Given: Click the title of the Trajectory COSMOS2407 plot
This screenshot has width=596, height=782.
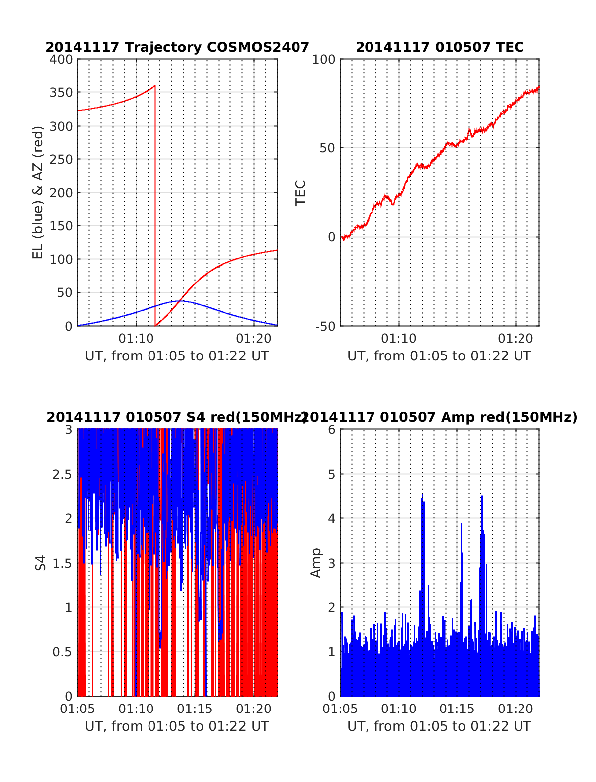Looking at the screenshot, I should coord(177,47).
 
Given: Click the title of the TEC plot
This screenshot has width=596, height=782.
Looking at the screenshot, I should coord(440,47).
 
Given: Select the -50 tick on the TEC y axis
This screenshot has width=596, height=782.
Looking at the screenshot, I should coord(325,326).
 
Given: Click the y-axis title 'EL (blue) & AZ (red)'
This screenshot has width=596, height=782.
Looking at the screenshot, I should coord(38,192).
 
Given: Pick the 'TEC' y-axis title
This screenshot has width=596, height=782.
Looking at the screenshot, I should coord(301,193).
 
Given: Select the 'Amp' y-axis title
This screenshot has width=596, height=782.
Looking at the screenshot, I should coord(316,563).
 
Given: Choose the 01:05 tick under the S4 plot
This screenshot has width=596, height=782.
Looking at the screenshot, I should coord(77,709).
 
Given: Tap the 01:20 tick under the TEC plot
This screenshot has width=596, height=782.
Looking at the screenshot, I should coord(516,339).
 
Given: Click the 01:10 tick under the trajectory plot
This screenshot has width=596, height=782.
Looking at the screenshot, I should coord(136,339).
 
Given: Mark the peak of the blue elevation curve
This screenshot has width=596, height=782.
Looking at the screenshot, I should coord(179,301).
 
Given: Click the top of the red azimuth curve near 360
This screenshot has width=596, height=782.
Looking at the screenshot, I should coord(154,86).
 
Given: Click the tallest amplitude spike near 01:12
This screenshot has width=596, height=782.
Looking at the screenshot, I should coord(422,495).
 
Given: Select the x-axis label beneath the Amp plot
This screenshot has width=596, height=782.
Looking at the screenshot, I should coord(439,726).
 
